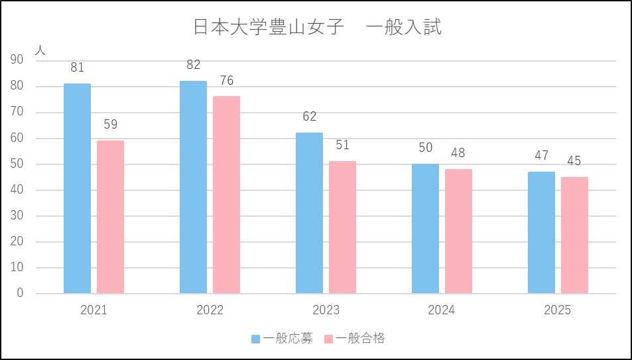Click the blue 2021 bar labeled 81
point(77,188)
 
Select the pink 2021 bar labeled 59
point(110,217)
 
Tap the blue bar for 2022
point(193,187)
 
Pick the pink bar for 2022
point(226,195)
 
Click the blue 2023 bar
point(309,213)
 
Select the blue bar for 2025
point(541,232)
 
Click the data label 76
point(226,81)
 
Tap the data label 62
point(309,117)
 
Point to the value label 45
point(574,162)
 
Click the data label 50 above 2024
point(425,148)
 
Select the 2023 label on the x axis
point(326,310)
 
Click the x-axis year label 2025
point(558,310)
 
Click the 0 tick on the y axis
point(20,294)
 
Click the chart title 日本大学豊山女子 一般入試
point(317,28)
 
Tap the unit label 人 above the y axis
point(40,48)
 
